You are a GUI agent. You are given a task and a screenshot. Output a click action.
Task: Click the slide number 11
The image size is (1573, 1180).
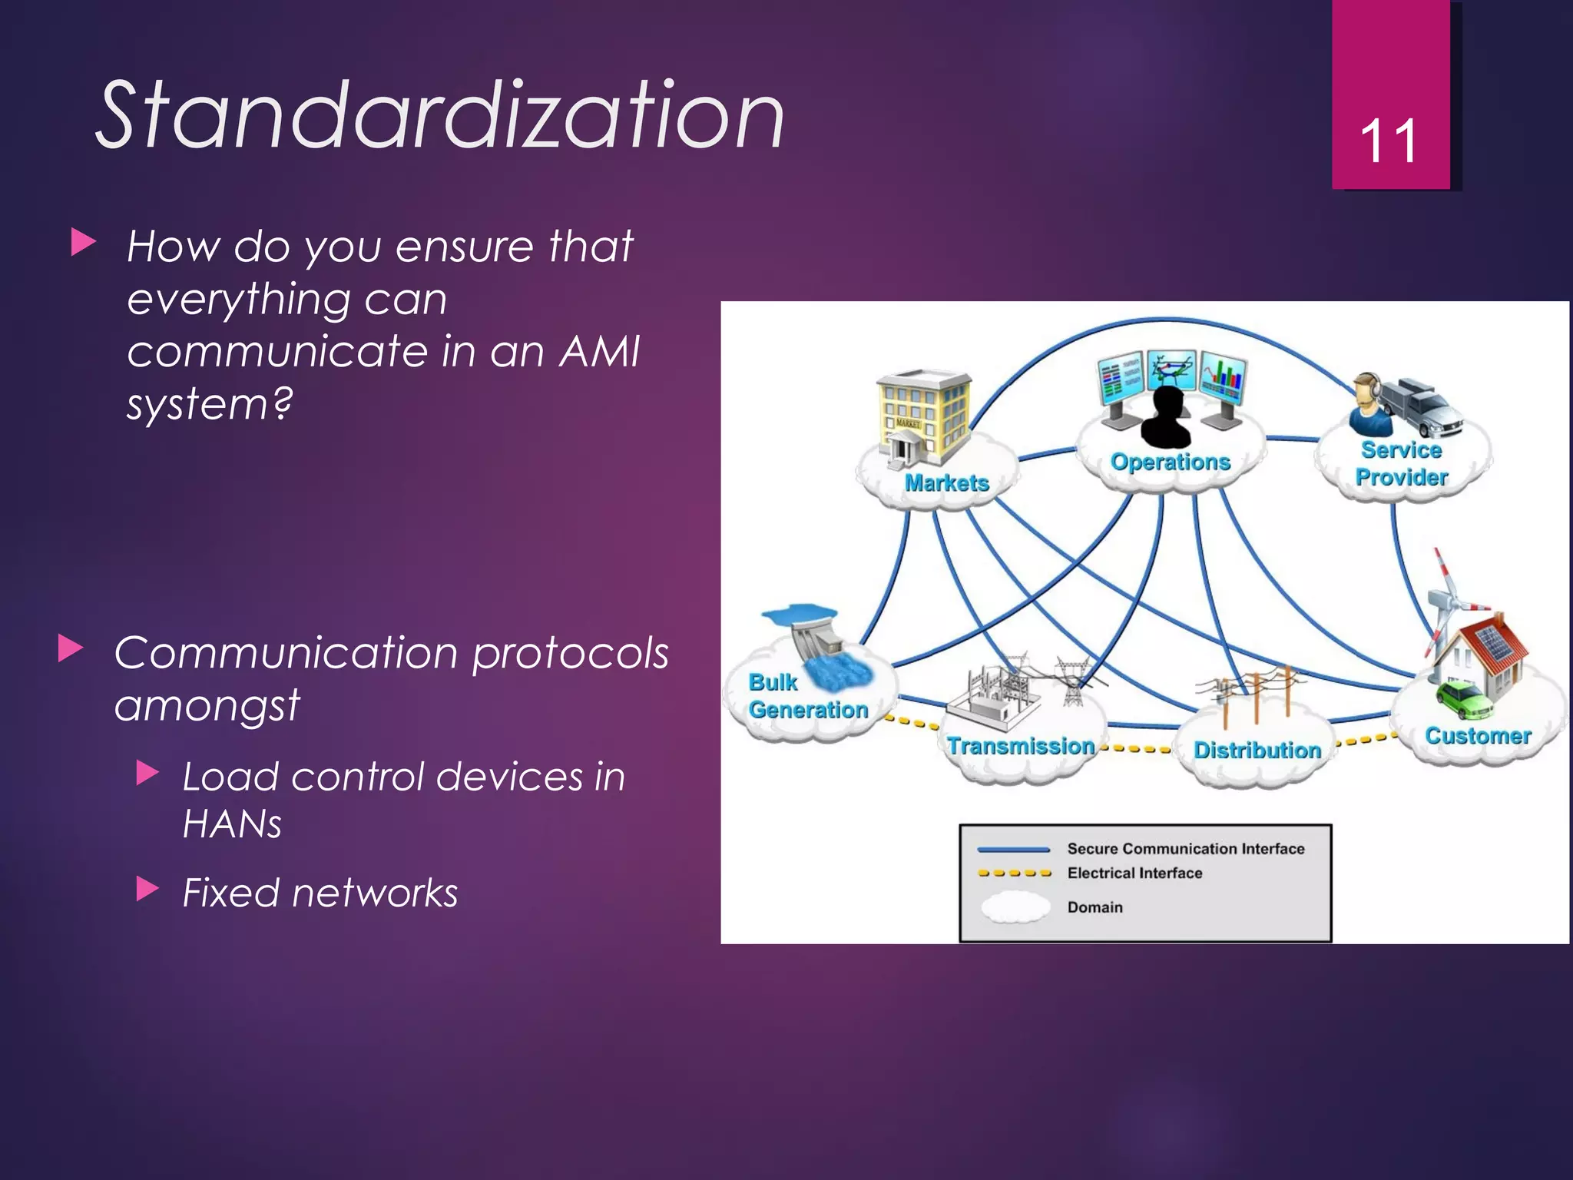[x=1388, y=142]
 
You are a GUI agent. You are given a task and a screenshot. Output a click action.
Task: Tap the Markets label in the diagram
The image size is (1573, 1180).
[x=946, y=483]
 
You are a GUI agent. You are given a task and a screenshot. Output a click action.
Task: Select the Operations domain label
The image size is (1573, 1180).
[x=1170, y=462]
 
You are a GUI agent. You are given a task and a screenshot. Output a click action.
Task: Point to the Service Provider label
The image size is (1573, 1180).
[x=1401, y=463]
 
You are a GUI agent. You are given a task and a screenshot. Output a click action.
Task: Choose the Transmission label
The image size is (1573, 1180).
[x=1020, y=746]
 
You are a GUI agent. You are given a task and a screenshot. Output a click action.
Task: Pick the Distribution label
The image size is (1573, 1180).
[x=1257, y=750]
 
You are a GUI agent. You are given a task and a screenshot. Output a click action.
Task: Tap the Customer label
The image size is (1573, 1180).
[x=1477, y=736]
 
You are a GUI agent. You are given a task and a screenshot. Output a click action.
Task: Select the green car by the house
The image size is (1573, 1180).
[x=1464, y=699]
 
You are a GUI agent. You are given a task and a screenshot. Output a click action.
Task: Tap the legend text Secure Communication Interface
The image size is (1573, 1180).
[x=1185, y=849]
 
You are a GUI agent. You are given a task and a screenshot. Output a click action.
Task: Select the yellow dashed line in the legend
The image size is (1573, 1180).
[x=1014, y=873]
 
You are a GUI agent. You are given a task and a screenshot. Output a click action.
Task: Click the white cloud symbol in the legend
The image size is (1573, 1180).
[x=1015, y=907]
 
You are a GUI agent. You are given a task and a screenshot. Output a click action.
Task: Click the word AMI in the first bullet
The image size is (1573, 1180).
[x=599, y=352]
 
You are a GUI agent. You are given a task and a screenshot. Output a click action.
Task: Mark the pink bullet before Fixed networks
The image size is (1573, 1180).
[x=147, y=890]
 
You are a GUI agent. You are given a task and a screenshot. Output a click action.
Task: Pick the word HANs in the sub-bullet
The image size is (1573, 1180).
[x=232, y=824]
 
